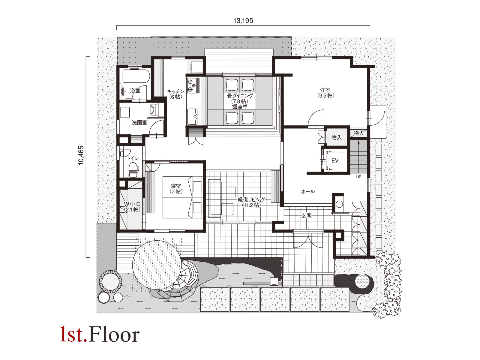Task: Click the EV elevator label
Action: [x=335, y=160]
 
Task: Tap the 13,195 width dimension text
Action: [x=243, y=21]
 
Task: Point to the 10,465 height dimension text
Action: [x=81, y=155]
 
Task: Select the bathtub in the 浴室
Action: [x=136, y=76]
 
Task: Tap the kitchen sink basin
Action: [x=192, y=117]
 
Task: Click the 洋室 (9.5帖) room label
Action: [x=325, y=93]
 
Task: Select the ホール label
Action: [x=308, y=192]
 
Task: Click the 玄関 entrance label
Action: [x=306, y=215]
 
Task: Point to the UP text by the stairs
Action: [x=358, y=177]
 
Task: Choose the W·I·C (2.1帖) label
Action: [x=132, y=207]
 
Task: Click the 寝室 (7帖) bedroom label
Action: [x=176, y=189]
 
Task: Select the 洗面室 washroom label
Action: [x=139, y=123]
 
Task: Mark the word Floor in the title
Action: [x=114, y=334]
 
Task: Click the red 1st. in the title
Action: [x=73, y=334]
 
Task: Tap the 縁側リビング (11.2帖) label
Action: [x=251, y=202]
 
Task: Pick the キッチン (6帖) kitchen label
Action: [x=176, y=94]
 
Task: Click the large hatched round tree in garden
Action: [x=157, y=265]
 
